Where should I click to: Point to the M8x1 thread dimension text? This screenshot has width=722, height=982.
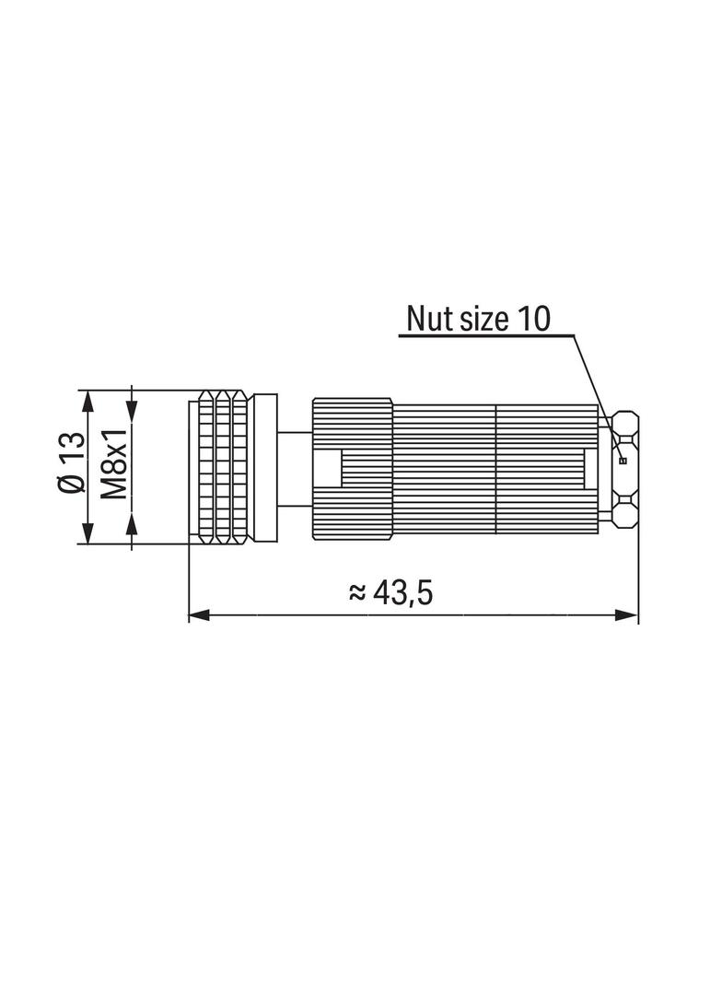click(x=113, y=462)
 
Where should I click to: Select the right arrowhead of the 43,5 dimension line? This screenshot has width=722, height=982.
click(x=627, y=615)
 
